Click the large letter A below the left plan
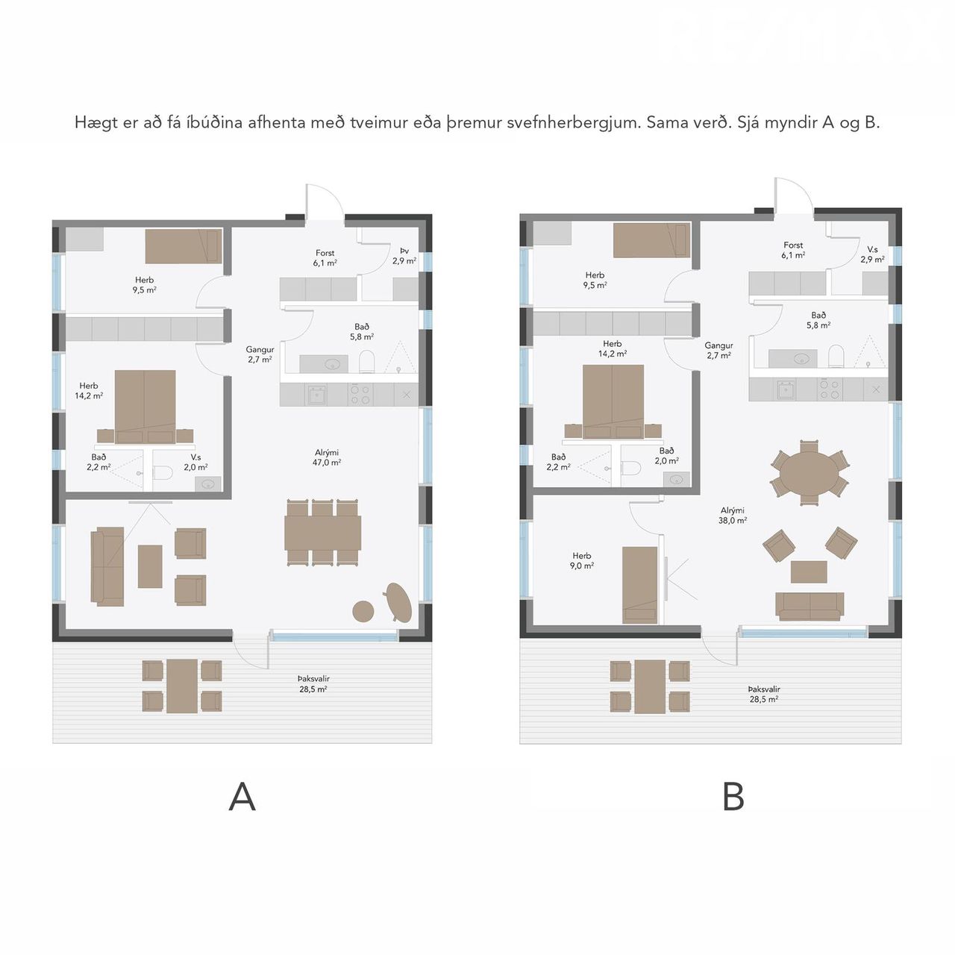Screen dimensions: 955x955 coord(242,796)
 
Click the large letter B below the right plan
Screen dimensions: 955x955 coord(733,796)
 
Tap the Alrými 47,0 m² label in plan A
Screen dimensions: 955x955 coord(327,457)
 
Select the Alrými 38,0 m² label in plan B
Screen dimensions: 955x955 coord(733,516)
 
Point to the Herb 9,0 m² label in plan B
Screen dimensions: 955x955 coord(582,560)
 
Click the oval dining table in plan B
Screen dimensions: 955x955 coord(810,472)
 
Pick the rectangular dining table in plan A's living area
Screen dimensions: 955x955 coord(322,533)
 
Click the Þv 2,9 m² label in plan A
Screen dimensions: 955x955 coord(404,256)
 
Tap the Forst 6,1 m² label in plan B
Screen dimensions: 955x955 coord(793,250)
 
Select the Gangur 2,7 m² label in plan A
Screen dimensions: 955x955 coord(260,355)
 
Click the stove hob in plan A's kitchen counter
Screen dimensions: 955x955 coord(360,395)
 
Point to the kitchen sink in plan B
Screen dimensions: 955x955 coord(786,389)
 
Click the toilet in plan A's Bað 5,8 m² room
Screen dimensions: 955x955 coord(367,361)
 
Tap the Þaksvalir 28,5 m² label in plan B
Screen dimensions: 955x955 coord(764,694)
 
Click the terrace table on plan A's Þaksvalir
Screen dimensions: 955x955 coord(182,686)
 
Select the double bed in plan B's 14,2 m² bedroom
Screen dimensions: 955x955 coord(613,401)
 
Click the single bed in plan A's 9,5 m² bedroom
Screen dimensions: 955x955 coord(184,245)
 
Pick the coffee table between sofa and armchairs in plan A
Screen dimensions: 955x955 coord(150,566)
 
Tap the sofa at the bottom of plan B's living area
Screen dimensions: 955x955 coord(810,606)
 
